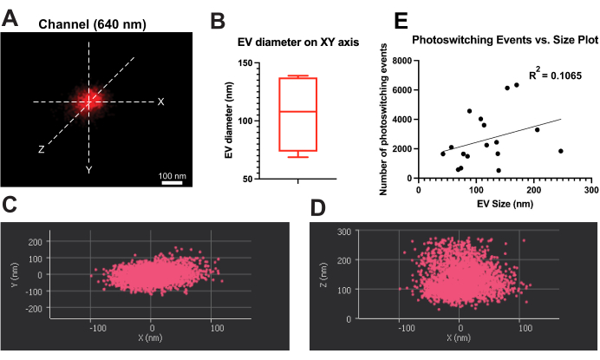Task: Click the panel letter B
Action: [x=218, y=19]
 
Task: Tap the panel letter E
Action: [x=401, y=19]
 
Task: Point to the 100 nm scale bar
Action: [x=172, y=182]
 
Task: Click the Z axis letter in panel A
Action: [x=40, y=149]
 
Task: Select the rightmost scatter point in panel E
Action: [x=561, y=151]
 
